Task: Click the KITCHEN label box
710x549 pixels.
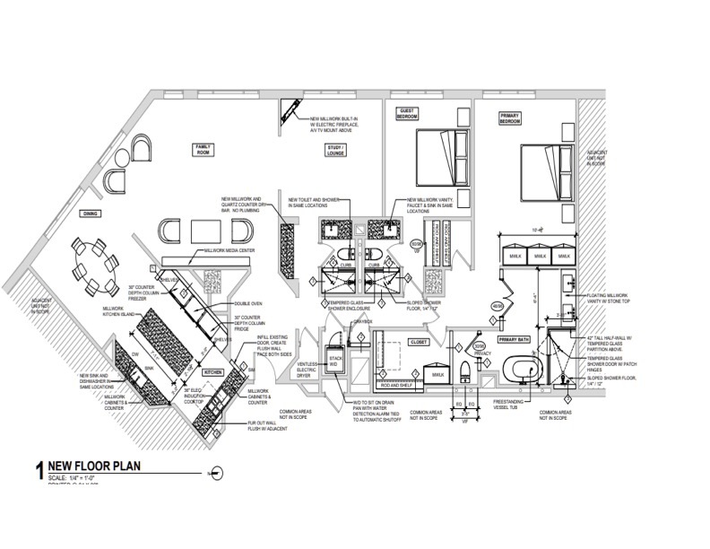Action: point(212,370)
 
